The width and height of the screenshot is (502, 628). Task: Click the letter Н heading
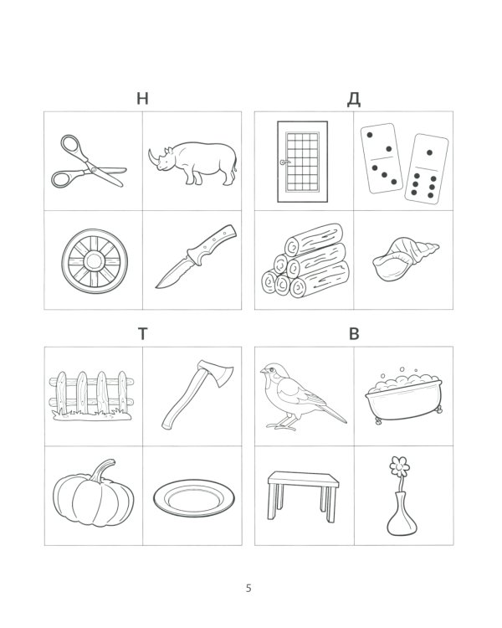142,98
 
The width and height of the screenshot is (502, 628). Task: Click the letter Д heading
353,100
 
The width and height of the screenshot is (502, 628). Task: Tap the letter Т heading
143,333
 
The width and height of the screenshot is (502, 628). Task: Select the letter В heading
354,333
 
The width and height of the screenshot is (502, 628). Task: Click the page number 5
248,589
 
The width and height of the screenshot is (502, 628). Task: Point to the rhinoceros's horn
151,157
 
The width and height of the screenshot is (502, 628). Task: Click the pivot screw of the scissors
93,169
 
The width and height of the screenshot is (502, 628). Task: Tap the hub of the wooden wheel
95,261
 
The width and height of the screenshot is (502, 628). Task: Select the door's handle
284,162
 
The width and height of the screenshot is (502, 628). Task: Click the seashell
405,259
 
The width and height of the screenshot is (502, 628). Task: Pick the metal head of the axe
218,373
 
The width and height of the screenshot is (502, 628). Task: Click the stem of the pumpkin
102,470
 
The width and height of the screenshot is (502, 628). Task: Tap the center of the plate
194,498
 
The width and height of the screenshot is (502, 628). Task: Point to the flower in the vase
400,467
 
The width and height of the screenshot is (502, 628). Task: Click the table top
304,479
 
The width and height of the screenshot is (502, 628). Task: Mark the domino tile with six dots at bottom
427,169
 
